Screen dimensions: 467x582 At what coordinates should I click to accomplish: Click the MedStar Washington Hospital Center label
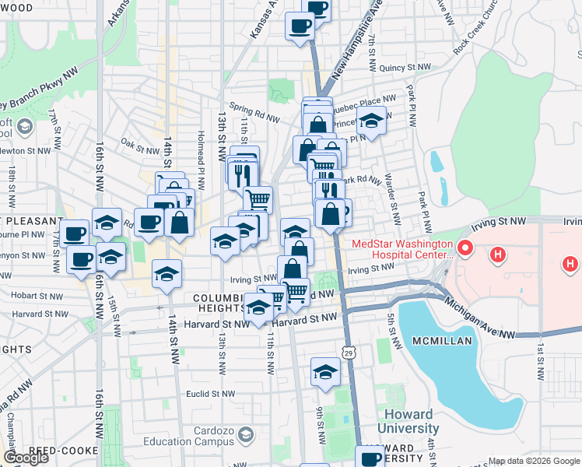tap(401, 248)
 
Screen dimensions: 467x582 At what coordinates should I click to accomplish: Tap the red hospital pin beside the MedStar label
tap(465, 250)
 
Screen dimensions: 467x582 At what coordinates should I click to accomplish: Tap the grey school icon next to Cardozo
tap(247, 434)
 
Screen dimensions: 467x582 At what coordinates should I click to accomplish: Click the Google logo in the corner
tap(26, 458)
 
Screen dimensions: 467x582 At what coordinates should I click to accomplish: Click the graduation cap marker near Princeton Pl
tap(371, 121)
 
